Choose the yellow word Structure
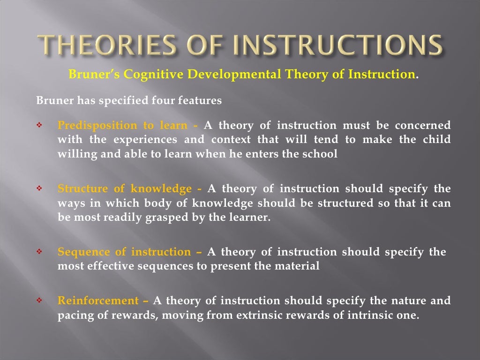[82, 188]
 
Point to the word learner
[251, 217]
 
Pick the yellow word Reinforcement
[98, 300]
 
